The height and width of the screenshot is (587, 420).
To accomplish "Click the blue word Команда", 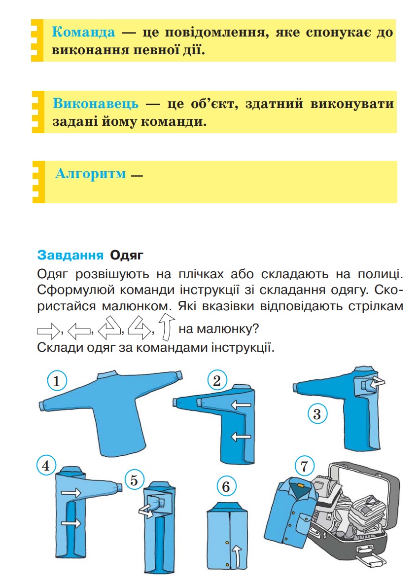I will click(83, 33).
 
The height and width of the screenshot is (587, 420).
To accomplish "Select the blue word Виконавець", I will click(96, 104).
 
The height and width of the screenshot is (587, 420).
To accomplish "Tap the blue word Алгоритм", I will click(91, 174).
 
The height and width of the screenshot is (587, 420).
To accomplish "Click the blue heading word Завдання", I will click(70, 256).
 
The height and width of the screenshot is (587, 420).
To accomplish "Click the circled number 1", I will click(57, 381).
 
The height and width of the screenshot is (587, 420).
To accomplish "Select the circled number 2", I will click(216, 380).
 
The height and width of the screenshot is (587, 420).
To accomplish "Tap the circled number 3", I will click(317, 414).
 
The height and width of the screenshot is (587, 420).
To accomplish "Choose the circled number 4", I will click(46, 466).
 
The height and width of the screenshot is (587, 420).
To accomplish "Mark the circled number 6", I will click(226, 487).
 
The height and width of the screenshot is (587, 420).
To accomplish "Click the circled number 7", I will click(304, 465).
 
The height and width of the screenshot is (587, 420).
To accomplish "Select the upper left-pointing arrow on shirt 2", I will click(242, 405).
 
